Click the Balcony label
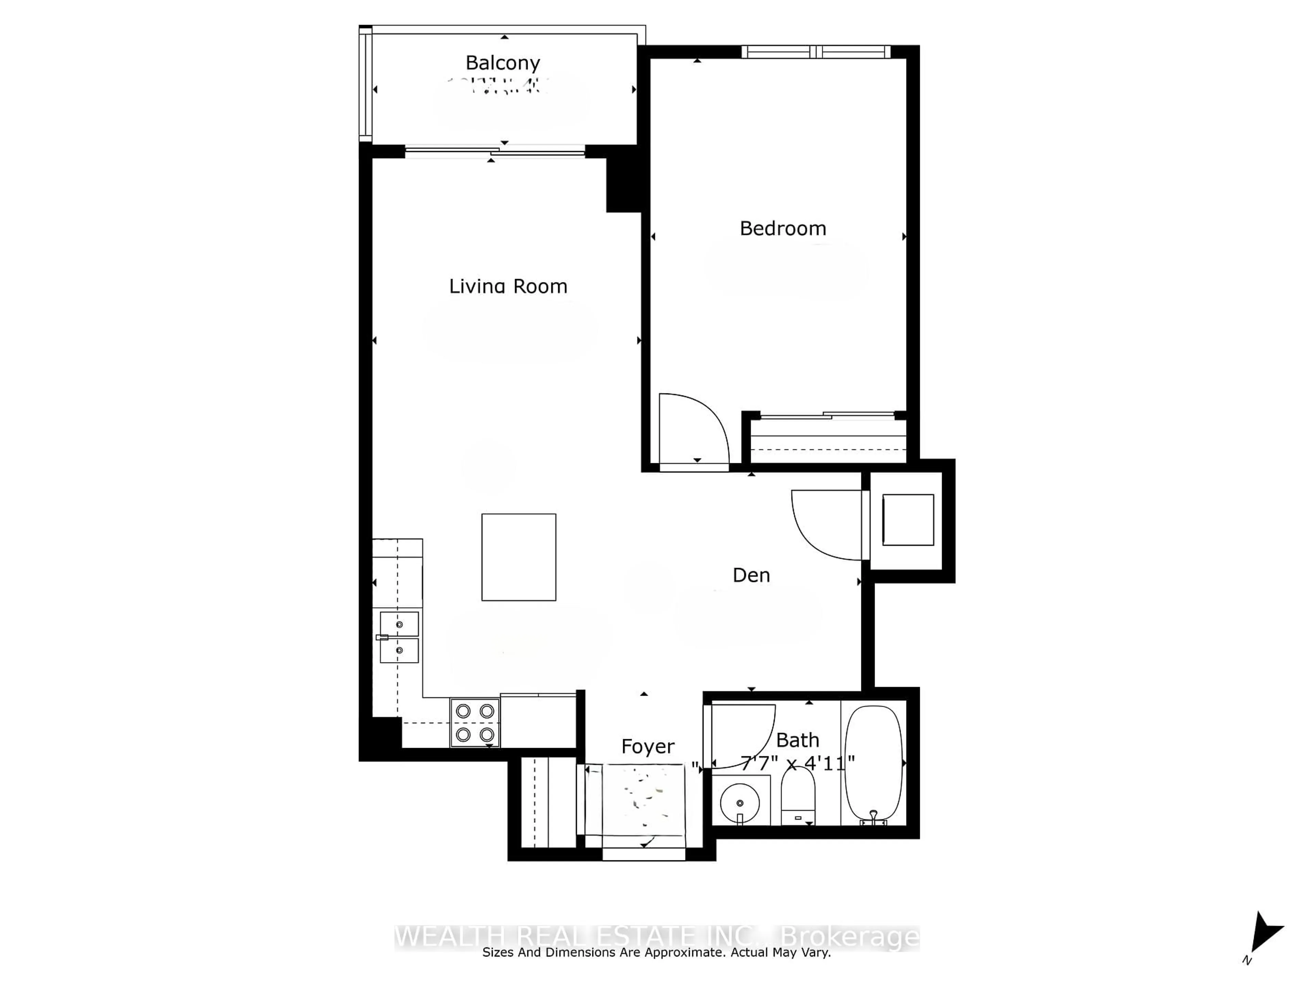point(503,62)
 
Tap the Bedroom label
point(782,228)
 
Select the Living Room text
point(508,287)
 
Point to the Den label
point(751,575)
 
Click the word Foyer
point(647,746)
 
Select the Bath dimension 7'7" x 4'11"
point(798,762)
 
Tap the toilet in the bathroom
point(798,796)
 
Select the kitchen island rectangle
point(519,557)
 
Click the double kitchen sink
point(399,637)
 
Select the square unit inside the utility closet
point(908,519)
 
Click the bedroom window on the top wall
point(816,52)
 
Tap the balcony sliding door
point(495,152)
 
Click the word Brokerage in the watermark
point(849,937)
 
